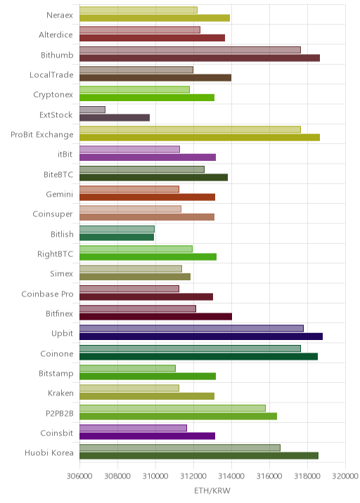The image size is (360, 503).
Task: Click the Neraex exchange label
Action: pyautogui.click(x=59, y=15)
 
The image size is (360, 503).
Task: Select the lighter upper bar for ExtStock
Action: pyautogui.click(x=93, y=110)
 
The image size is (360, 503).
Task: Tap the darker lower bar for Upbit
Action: pyautogui.click(x=201, y=337)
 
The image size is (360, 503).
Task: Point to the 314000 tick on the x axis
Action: pyautogui.click(x=231, y=476)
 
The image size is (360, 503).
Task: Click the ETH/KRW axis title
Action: pyautogui.click(x=212, y=490)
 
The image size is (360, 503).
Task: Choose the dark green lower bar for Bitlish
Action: pyautogui.click(x=117, y=237)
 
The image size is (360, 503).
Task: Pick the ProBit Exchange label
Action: pyautogui.click(x=41, y=135)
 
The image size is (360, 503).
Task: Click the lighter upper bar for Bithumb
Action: pyautogui.click(x=190, y=50)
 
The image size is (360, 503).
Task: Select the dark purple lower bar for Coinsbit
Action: pyautogui.click(x=148, y=436)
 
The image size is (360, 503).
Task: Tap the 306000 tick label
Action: pyautogui.click(x=79, y=476)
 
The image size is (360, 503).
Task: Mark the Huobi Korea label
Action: pyautogui.click(x=49, y=452)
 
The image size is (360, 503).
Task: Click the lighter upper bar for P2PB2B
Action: pyautogui.click(x=172, y=408)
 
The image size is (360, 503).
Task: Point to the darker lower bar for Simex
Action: pyautogui.click(x=135, y=277)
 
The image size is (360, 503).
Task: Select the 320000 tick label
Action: pyautogui.click(x=345, y=476)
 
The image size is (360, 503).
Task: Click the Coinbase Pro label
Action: pyautogui.click(x=48, y=294)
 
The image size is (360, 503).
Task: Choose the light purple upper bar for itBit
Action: pyautogui.click(x=130, y=150)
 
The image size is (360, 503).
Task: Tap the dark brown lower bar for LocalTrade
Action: pyautogui.click(x=155, y=78)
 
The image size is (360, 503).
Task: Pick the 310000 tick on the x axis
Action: pyautogui.click(x=155, y=476)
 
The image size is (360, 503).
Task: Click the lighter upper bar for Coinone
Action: pyautogui.click(x=190, y=348)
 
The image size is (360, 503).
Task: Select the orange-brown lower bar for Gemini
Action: pyautogui.click(x=148, y=197)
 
